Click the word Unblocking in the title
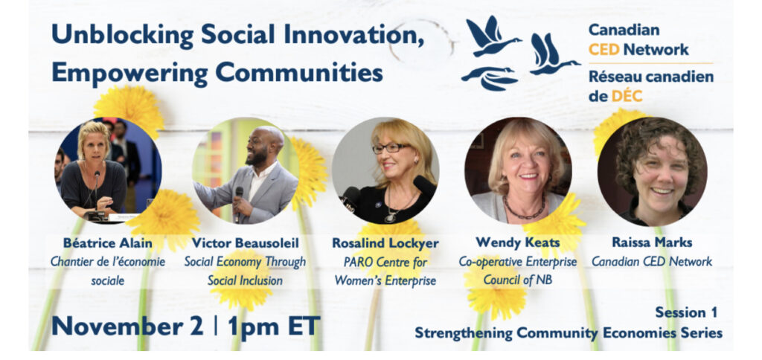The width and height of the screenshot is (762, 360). point(122,35)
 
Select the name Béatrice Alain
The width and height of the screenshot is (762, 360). point(108,242)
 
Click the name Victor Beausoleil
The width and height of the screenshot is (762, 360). point(245,242)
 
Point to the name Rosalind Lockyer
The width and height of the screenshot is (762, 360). point(385,243)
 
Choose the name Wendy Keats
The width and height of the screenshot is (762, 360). point(518,242)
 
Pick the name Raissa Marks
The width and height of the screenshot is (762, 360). point(652,242)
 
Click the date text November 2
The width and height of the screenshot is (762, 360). point(127,326)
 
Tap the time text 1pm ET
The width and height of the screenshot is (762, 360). point(274,326)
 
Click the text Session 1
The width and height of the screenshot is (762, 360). point(685,312)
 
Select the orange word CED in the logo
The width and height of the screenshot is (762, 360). point(604,50)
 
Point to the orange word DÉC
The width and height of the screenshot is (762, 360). point(627,96)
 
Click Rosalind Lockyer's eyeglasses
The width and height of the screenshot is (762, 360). point(391,148)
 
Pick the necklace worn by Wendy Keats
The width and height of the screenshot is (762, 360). point(524,210)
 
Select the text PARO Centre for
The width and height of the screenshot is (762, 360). point(385,263)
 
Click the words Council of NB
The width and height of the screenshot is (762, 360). point(518,280)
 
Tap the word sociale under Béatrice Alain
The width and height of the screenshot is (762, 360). point(108,280)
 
